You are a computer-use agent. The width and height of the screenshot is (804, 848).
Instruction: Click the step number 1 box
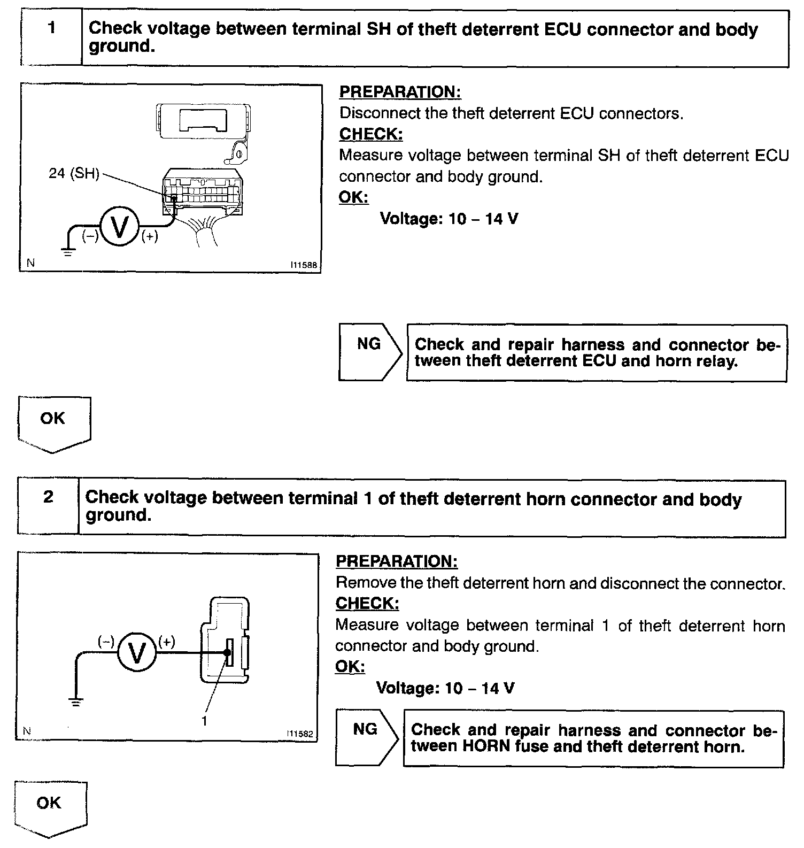pos(51,38)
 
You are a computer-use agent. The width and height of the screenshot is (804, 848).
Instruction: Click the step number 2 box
pos(48,506)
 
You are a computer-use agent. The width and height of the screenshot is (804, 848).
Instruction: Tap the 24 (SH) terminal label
pos(74,174)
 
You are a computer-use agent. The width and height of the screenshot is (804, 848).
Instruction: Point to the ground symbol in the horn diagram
pos(76,703)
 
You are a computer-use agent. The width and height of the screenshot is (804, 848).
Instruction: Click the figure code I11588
pos(304,265)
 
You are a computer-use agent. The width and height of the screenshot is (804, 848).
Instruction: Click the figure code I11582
pos(299,734)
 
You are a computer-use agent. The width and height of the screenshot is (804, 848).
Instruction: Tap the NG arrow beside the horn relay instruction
pos(369,352)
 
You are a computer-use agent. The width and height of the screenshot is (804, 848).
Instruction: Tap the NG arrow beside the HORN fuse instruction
pos(366,737)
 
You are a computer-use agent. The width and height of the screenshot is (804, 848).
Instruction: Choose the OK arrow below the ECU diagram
pos(53,423)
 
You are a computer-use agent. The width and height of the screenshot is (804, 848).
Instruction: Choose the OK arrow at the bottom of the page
pos(50,808)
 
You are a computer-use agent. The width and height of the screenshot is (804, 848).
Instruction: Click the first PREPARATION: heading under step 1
pos(400,92)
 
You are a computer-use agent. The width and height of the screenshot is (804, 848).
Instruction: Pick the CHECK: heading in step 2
pos(367,603)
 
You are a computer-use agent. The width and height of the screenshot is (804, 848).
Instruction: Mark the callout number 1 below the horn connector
pos(204,721)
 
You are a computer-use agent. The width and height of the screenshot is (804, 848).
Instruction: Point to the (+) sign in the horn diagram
pos(166,642)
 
